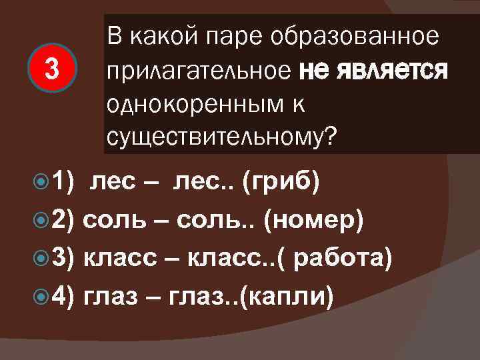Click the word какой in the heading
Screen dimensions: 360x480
(159, 37)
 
